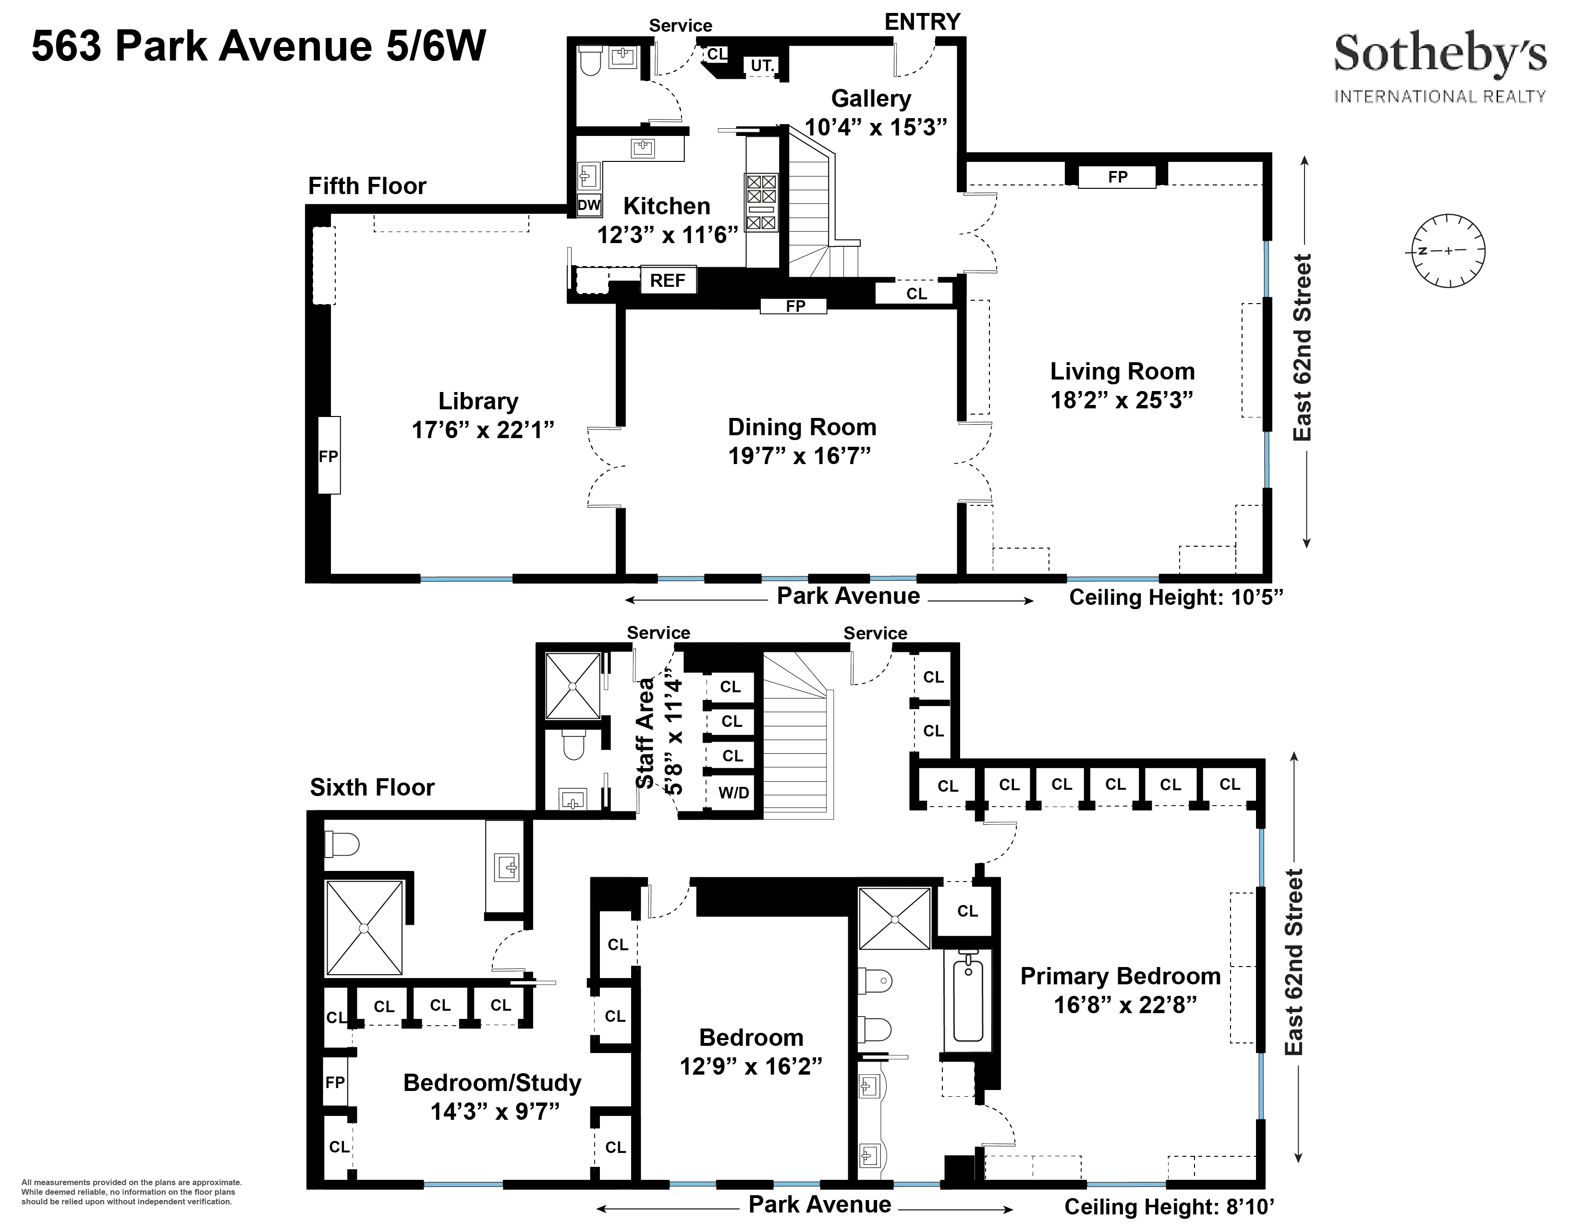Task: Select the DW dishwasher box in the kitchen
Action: pos(588,206)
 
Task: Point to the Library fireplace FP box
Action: pos(329,456)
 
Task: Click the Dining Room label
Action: pos(801,427)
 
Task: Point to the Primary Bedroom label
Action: pos(1120,976)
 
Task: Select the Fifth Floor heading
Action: pos(367,186)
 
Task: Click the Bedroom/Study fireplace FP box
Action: pos(335,1082)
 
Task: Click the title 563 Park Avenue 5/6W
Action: pos(258,47)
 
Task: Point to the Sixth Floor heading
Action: pos(372,787)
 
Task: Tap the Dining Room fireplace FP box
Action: pos(795,306)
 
